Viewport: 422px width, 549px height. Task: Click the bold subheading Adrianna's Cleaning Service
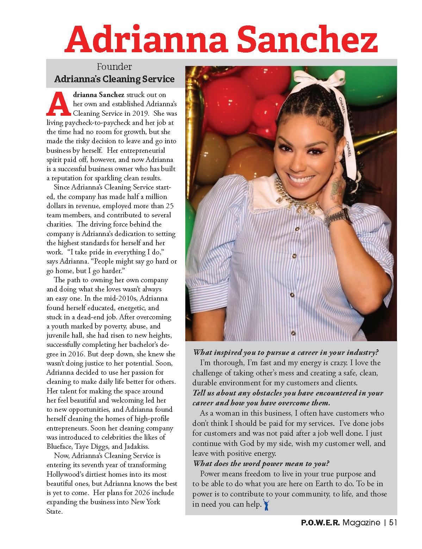[x=114, y=79]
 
